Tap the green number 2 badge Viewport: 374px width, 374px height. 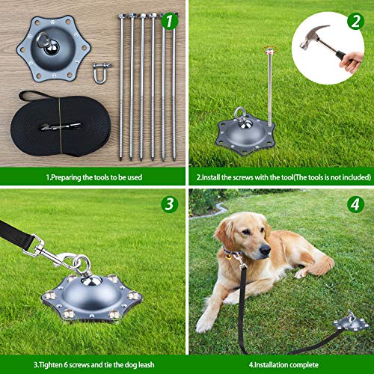point(355,21)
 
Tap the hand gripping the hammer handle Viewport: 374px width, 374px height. point(352,61)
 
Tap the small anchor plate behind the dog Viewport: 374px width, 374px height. point(350,322)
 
